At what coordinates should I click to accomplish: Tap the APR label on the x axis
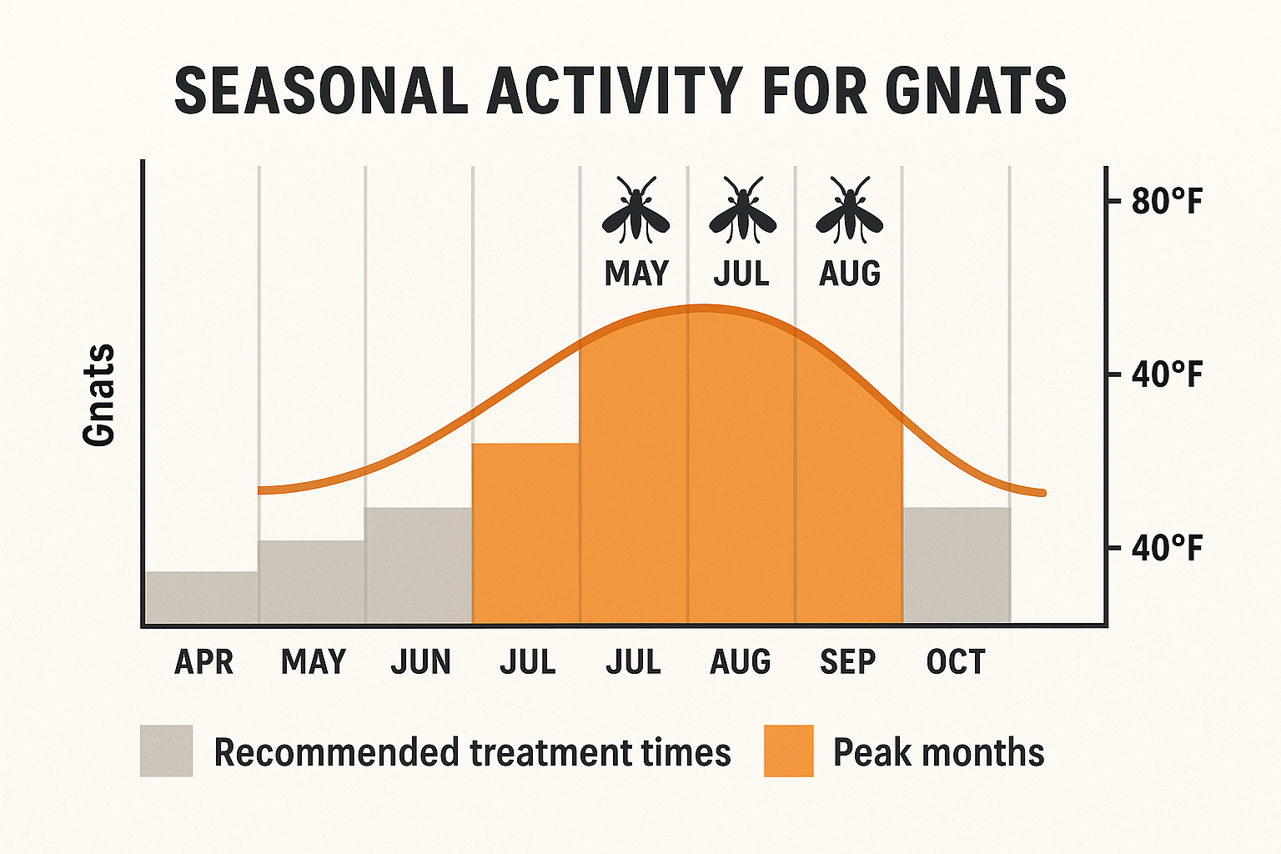tap(203, 662)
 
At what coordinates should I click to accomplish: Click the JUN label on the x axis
tap(420, 662)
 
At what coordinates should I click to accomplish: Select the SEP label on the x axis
tap(847, 662)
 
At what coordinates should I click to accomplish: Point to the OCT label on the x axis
tap(956, 662)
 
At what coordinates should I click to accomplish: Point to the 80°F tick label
tap(1167, 202)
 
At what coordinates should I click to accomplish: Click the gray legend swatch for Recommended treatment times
tap(166, 751)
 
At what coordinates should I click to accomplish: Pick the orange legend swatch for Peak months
tap(788, 751)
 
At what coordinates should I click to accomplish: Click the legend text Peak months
tap(938, 752)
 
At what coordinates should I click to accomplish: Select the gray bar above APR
tap(202, 597)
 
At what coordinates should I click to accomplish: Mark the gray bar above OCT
tap(957, 565)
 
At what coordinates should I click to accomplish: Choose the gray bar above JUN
tap(419, 565)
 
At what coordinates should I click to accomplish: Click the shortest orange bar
tap(525, 534)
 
